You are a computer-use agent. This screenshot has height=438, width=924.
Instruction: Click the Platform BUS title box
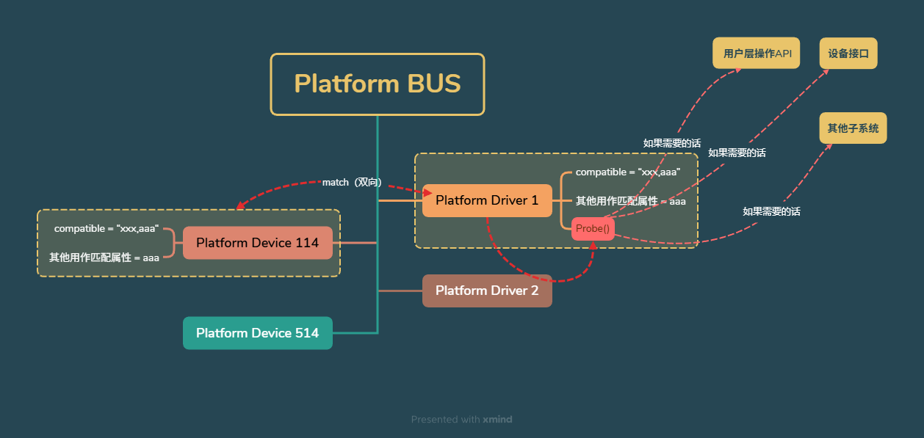click(x=378, y=84)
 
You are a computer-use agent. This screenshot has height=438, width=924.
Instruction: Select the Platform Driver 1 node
click(x=487, y=200)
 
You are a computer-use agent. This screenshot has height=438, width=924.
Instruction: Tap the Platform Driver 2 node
click(x=487, y=291)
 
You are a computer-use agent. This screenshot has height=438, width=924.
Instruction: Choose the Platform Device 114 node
click(x=257, y=243)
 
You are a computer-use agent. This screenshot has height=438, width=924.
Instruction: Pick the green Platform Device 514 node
click(x=257, y=333)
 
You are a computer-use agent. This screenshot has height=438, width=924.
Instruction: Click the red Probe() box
click(x=593, y=229)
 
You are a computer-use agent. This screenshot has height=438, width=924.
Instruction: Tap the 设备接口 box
click(x=848, y=54)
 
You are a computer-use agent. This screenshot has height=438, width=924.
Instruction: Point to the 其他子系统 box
click(x=853, y=128)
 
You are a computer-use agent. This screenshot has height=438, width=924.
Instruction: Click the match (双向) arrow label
click(x=352, y=182)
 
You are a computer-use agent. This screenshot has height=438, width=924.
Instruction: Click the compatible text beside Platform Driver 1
click(x=628, y=172)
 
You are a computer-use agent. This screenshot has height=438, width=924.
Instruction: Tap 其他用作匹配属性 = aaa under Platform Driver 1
click(x=630, y=201)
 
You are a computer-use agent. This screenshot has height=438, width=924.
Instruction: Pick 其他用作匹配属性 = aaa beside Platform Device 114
click(x=104, y=258)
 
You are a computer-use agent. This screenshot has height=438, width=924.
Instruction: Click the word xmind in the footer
click(x=497, y=420)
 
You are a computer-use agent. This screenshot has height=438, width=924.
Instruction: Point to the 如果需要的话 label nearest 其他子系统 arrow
click(x=771, y=211)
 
